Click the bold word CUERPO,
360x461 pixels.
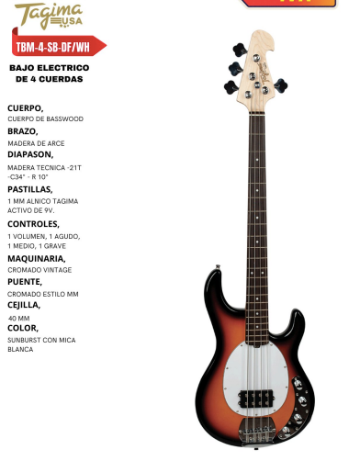(x=24, y=107)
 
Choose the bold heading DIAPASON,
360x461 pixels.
(x=30, y=153)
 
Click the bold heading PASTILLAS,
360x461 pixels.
(x=30, y=188)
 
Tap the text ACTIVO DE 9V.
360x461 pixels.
(x=33, y=211)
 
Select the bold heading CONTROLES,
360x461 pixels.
(x=33, y=223)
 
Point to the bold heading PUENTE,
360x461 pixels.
(x=24, y=281)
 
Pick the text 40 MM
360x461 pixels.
(x=18, y=317)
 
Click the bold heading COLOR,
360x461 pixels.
(x=23, y=328)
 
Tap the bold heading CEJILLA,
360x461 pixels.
(x=25, y=304)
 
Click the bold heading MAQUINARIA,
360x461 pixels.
(x=36, y=258)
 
